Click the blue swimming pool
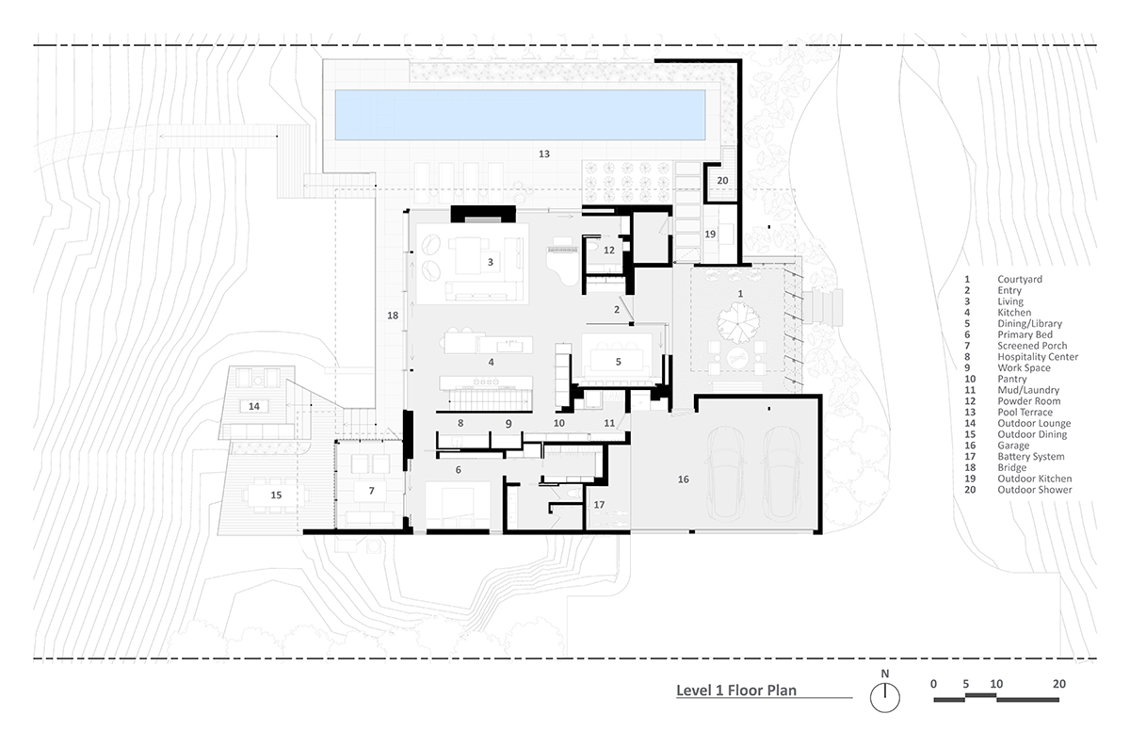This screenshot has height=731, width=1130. tap(520, 115)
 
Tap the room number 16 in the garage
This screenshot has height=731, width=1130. tap(683, 479)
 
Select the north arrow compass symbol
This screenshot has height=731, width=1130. tap(885, 697)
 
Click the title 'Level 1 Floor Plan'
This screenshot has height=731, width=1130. tap(736, 690)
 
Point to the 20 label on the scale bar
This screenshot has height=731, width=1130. tap(1058, 684)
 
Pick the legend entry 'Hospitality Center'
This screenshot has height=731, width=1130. tap(1038, 357)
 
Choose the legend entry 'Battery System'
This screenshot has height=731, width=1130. tap(1030, 457)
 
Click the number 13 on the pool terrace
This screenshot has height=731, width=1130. tap(544, 154)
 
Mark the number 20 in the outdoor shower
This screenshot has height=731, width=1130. tap(722, 180)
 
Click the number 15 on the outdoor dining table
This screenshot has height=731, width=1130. tap(276, 495)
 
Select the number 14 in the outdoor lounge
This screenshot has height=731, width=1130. tap(253, 406)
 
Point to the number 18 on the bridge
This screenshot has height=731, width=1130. tap(393, 316)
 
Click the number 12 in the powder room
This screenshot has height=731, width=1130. tap(609, 250)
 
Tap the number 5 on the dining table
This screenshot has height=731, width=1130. tap(618, 362)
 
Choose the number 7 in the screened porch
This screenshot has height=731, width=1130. tap(371, 491)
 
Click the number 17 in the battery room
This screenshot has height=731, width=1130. tap(599, 505)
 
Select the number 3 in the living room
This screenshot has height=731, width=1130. tap(490, 262)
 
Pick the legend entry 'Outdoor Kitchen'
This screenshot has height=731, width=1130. tap(1034, 479)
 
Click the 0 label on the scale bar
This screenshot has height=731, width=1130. tap(933, 684)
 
